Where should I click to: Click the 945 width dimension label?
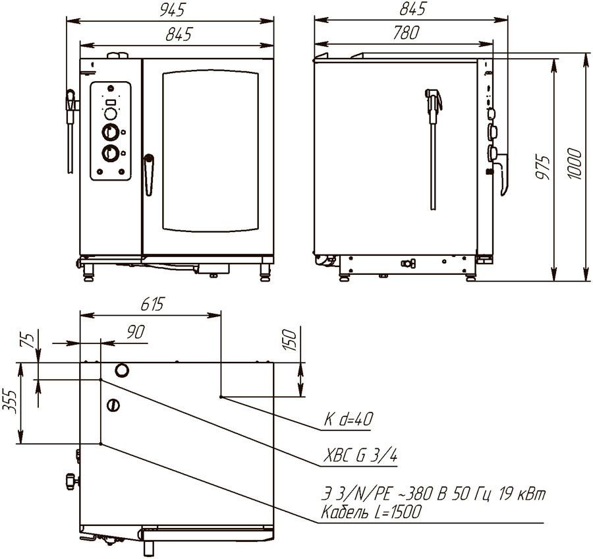(172, 11)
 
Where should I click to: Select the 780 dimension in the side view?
(406, 33)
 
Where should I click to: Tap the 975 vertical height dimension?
(543, 167)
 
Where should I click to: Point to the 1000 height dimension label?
(574, 163)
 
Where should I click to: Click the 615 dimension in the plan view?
(153, 304)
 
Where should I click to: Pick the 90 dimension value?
(136, 332)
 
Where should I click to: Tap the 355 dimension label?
(10, 401)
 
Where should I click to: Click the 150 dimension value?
(290, 340)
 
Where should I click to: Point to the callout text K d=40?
(349, 419)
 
